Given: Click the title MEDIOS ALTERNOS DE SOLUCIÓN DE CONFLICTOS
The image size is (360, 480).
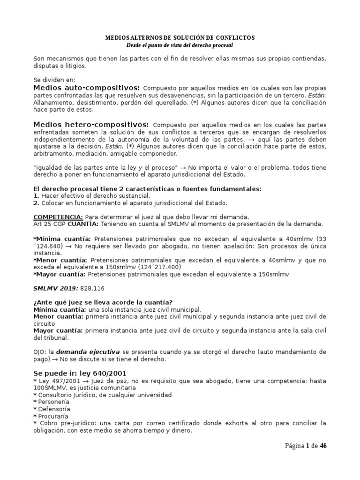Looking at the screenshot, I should (x=180, y=37).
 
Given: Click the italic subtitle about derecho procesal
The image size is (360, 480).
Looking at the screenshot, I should (x=180, y=45).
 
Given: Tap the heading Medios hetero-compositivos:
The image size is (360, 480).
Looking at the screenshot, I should (x=91, y=125).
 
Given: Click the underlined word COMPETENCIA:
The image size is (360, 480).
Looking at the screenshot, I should (x=59, y=217).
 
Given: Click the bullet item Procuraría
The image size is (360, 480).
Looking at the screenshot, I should (x=53, y=416).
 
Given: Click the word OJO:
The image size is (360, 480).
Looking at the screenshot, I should (x=40, y=352).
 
